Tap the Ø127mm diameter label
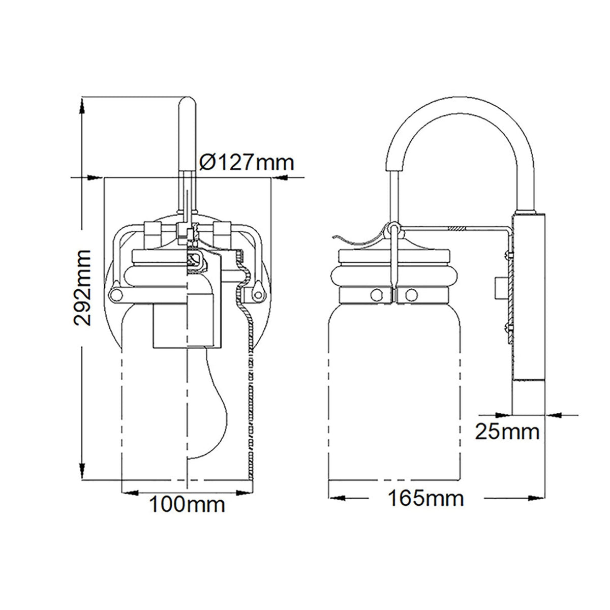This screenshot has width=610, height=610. click(247, 162)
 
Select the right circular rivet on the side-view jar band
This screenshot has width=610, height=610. click(411, 294)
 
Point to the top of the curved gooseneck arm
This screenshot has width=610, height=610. click(455, 98)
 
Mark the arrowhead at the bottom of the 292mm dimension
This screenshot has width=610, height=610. click(81, 472)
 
